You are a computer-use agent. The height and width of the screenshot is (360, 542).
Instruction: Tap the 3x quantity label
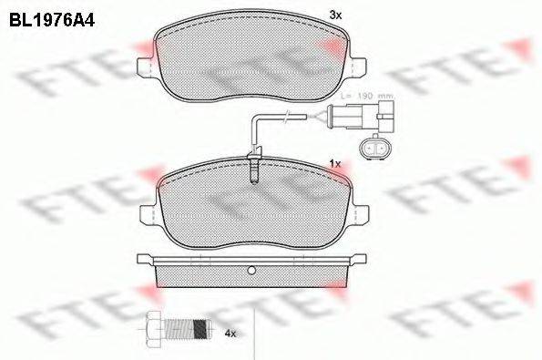[334, 15]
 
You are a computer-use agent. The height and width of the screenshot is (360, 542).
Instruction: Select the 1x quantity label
[334, 163]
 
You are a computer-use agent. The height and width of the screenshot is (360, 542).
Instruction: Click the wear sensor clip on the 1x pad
[255, 168]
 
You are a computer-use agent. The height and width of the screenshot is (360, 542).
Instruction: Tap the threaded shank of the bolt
[190, 325]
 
